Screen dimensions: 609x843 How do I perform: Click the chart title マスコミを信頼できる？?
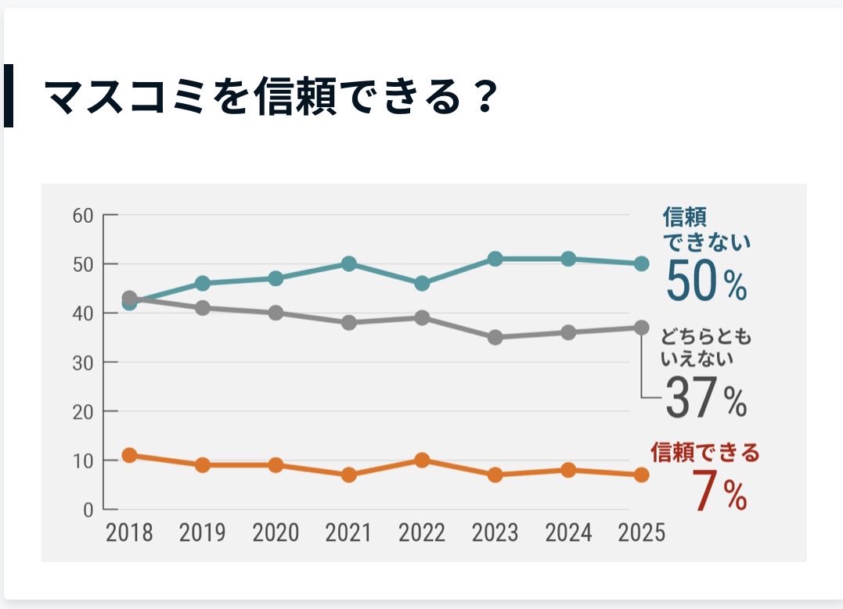pyautogui.click(x=270, y=97)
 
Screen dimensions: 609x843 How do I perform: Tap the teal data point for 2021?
pyautogui.click(x=348, y=263)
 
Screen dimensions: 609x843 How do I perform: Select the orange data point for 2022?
pyautogui.click(x=422, y=460)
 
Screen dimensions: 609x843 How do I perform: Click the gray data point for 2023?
pyautogui.click(x=495, y=337)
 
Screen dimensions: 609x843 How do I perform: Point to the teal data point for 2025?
pyautogui.click(x=641, y=263)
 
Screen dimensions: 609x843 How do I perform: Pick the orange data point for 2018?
pyautogui.click(x=130, y=455)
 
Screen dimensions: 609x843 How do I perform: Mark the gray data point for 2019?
pyautogui.click(x=203, y=308)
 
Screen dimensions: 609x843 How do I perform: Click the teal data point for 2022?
pyautogui.click(x=422, y=283)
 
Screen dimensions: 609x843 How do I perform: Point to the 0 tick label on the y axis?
pyautogui.click(x=88, y=510)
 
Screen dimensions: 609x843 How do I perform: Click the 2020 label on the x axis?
pyautogui.click(x=276, y=533)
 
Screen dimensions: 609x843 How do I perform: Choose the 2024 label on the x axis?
pyautogui.click(x=568, y=533)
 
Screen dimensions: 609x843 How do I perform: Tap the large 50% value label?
pyautogui.click(x=706, y=281)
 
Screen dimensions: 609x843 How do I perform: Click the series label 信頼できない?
pyautogui.click(x=706, y=228)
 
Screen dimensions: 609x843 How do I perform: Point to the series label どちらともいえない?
pyautogui.click(x=706, y=348)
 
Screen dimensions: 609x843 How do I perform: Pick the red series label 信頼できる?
pyautogui.click(x=705, y=453)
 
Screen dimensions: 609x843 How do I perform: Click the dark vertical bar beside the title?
pyautogui.click(x=9, y=95)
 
